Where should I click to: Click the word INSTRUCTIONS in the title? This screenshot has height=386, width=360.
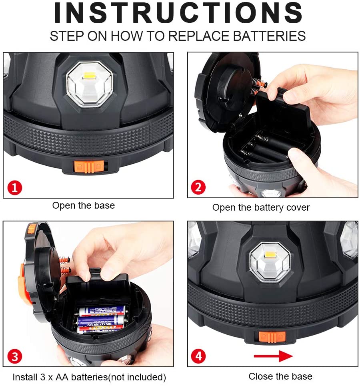178,13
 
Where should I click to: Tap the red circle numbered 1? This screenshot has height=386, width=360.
15,187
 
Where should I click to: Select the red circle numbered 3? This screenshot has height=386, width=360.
15,356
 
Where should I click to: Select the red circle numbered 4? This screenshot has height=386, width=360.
198,356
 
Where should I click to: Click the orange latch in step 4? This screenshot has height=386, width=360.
272,337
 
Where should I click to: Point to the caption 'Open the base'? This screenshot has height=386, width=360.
83,206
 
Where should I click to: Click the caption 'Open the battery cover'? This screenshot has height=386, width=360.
261,207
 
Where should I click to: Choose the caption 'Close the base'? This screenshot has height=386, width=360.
280,376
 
